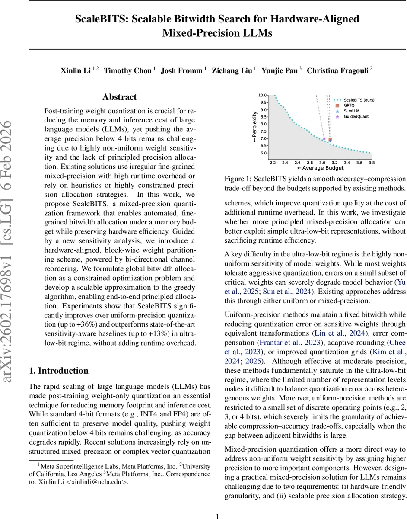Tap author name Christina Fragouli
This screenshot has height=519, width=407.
(337, 70)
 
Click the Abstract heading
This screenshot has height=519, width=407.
(119, 97)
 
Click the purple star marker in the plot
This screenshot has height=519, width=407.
(324, 139)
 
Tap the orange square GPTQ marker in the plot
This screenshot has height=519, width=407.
(330, 140)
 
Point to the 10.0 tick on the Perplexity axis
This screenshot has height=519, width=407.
(263, 95)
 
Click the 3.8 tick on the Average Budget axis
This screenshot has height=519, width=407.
(371, 163)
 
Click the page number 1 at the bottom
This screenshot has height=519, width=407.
(218, 516)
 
